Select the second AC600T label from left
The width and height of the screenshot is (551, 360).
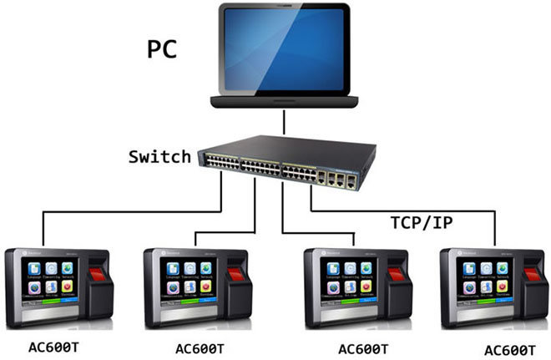click(x=201, y=347)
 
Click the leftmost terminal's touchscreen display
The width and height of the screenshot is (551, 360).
click(x=48, y=284)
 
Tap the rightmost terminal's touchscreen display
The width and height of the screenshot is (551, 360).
click(x=482, y=284)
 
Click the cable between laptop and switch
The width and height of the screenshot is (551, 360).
click(x=285, y=121)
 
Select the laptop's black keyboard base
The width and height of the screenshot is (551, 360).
click(x=285, y=102)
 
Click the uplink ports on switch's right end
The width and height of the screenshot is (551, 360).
click(x=338, y=178)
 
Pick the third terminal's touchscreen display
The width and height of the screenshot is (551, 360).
click(x=345, y=285)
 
